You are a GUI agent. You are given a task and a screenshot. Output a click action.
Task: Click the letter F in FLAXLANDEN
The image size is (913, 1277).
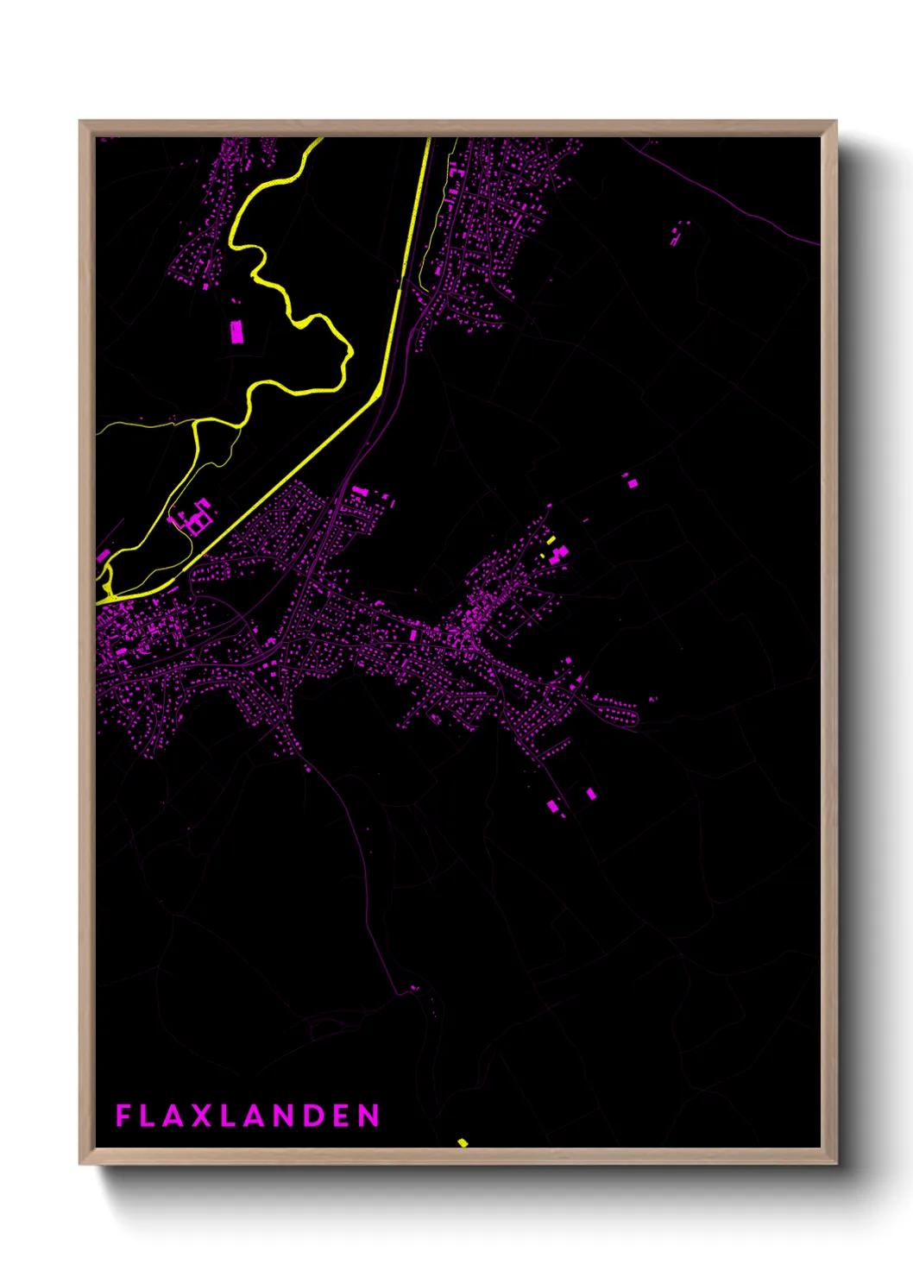click(123, 1116)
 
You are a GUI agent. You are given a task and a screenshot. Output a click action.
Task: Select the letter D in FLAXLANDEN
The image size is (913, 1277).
click(312, 1116)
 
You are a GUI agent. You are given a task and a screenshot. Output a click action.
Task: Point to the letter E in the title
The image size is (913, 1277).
click(342, 1116)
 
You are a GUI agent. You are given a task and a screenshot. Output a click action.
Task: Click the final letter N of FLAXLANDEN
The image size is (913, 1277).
click(370, 1116)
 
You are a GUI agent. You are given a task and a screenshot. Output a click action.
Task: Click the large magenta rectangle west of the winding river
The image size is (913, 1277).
click(236, 332)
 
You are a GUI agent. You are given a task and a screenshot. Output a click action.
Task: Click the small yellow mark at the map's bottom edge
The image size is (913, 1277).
click(463, 1142)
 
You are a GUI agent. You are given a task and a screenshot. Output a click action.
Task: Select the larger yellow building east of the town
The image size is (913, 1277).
click(551, 540)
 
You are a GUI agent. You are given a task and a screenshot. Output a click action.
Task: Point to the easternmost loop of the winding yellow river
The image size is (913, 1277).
click(349, 352)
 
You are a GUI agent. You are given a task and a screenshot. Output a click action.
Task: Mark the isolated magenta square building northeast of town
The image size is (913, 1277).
click(632, 483)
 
